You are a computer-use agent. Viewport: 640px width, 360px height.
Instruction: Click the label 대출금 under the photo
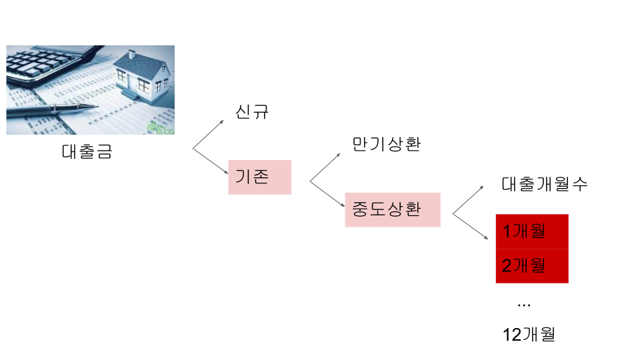[x=87, y=151]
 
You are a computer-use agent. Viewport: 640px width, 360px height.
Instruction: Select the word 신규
[x=252, y=111]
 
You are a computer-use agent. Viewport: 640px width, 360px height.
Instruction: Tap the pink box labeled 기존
[x=260, y=177]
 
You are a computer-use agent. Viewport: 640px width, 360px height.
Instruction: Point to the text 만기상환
[x=387, y=144]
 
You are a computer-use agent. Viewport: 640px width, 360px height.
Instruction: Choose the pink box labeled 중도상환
[x=393, y=209]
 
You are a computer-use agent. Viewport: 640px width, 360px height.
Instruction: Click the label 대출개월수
[x=545, y=185]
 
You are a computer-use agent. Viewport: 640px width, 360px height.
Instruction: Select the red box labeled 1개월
[x=532, y=231]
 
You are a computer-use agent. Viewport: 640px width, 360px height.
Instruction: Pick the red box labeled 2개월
[x=532, y=265]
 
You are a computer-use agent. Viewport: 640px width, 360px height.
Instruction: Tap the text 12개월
[x=529, y=334]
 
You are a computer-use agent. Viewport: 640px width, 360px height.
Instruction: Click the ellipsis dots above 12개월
[x=524, y=305]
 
